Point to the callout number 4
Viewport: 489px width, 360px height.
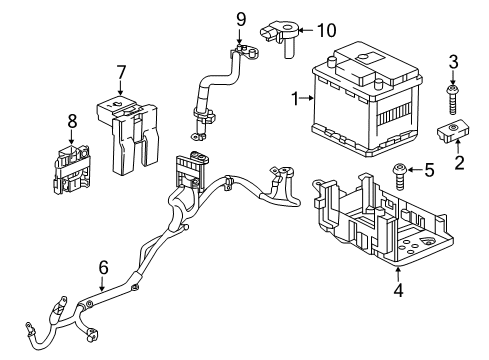398,292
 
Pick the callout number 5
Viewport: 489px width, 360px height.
429,170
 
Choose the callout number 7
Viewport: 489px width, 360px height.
120,71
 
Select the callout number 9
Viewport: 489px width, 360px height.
240,18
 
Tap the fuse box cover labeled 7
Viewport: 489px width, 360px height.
125,128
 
